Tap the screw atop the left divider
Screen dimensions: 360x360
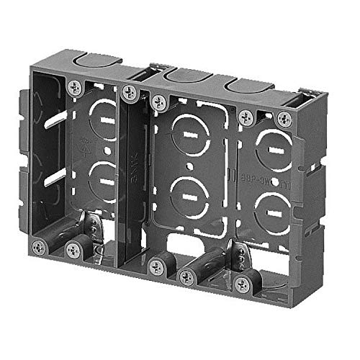130,91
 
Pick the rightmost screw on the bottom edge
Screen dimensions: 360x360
243,284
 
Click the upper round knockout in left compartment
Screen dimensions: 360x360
102,118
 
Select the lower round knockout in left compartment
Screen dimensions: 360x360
102,176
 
